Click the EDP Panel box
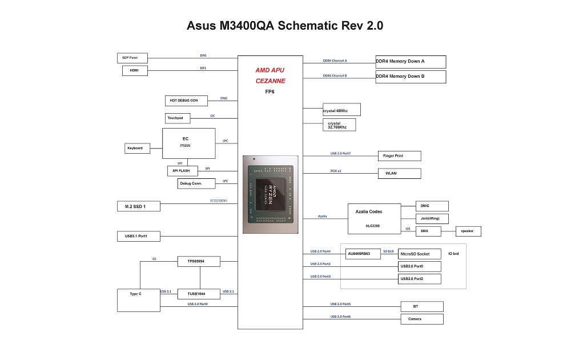click(132, 58)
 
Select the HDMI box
click(135, 70)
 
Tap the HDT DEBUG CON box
click(186, 101)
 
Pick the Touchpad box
click(178, 118)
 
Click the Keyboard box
click(137, 149)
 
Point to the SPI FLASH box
click(183, 171)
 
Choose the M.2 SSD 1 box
click(138, 206)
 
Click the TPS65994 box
click(199, 261)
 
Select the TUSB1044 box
click(199, 294)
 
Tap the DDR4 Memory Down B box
click(411, 77)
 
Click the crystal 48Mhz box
click(341, 110)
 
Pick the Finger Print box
click(400, 156)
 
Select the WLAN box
click(400, 174)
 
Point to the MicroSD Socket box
click(420, 254)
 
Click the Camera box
click(422, 319)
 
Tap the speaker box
click(468, 231)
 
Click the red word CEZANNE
click(270, 81)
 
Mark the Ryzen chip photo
click(271, 195)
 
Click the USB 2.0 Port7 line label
click(340, 153)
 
